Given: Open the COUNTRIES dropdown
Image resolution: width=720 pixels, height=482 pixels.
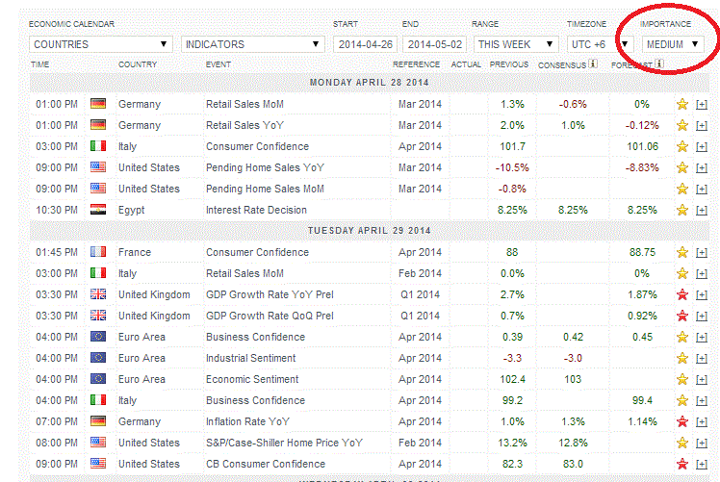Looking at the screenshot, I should pyautogui.click(x=100, y=44).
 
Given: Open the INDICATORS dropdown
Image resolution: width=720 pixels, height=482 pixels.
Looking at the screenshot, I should pyautogui.click(x=252, y=44).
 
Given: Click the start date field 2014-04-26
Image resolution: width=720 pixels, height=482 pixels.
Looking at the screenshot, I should pyautogui.click(x=366, y=44).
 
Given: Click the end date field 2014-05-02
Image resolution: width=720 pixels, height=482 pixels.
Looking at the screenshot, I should pyautogui.click(x=435, y=44).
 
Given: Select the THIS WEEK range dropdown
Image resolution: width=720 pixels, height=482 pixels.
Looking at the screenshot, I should pyautogui.click(x=516, y=44).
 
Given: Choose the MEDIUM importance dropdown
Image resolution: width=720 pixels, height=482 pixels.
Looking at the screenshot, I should pyautogui.click(x=673, y=44).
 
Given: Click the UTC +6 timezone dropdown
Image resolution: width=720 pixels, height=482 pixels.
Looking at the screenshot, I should pyautogui.click(x=599, y=44).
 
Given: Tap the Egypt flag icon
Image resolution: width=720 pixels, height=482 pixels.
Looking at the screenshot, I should pyautogui.click(x=97, y=210).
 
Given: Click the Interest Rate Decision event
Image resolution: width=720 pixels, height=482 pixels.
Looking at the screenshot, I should pyautogui.click(x=256, y=210).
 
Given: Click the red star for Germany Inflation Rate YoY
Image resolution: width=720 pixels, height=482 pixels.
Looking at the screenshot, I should pyautogui.click(x=682, y=421).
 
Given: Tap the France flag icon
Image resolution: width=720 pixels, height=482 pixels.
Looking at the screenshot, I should pyautogui.click(x=97, y=252).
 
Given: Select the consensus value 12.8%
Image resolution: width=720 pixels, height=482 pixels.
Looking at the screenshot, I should pyautogui.click(x=573, y=443).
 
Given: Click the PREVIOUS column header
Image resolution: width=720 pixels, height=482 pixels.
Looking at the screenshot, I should pyautogui.click(x=508, y=64).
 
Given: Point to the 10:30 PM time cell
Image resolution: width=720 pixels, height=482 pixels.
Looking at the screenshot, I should pyautogui.click(x=57, y=210).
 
